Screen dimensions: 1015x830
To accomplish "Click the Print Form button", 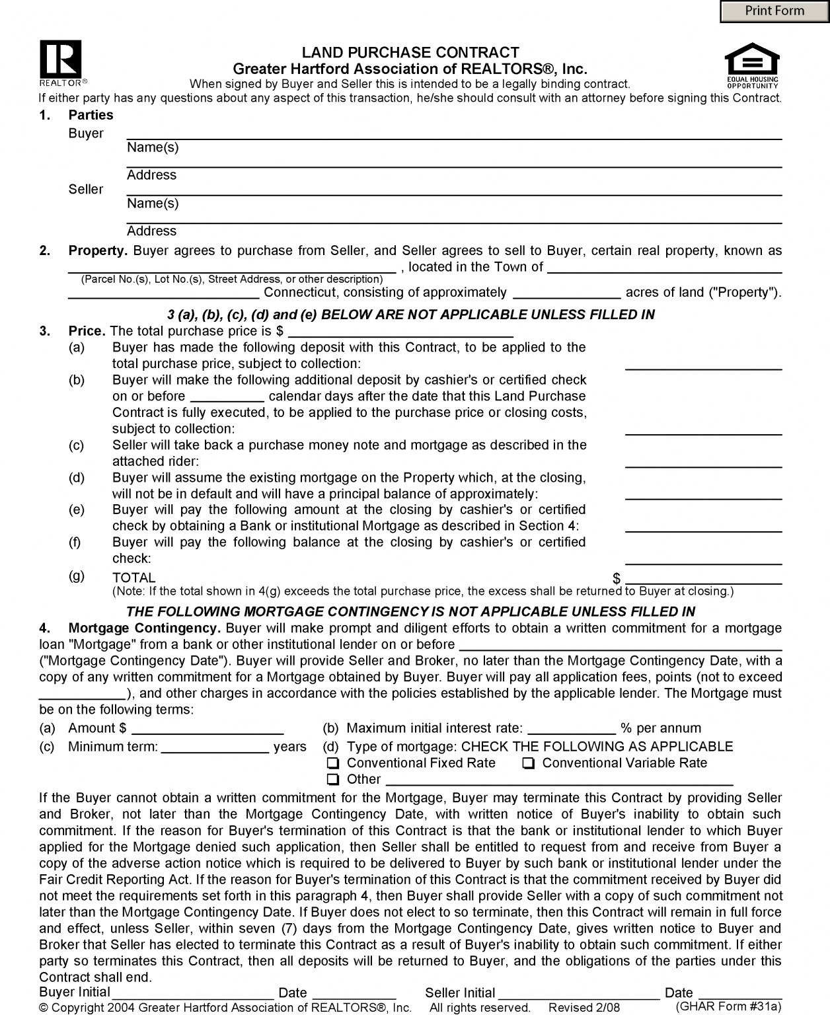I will click(774, 11).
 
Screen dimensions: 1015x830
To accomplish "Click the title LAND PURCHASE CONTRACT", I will click(410, 52).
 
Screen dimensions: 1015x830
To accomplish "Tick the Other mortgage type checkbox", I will click(333, 780).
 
